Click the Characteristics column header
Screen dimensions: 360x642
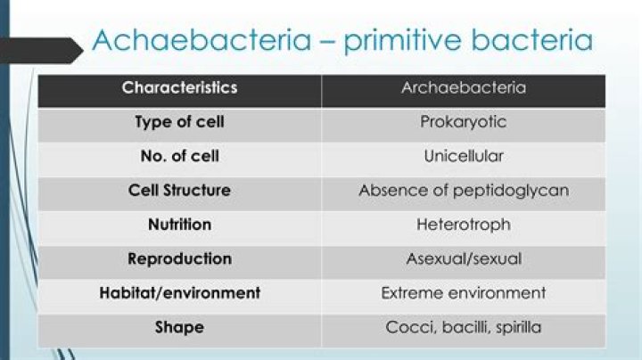click(179, 88)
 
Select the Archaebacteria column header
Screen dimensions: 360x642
click(463, 88)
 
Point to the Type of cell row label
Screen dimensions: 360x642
click(179, 122)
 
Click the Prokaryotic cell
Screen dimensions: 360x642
click(463, 122)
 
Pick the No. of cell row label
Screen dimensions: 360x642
click(179, 156)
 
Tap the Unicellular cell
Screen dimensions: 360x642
click(463, 156)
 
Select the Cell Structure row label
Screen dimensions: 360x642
click(179, 190)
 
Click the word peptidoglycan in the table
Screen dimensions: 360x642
click(509, 190)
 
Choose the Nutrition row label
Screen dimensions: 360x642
click(179, 225)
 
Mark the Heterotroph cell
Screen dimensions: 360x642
click(463, 225)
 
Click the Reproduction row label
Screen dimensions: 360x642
click(179, 259)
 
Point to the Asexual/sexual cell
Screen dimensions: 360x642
click(463, 259)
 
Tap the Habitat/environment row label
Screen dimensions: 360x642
click(179, 293)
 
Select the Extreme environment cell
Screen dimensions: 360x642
click(463, 293)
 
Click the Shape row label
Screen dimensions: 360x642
click(179, 327)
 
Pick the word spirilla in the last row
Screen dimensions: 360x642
click(514, 327)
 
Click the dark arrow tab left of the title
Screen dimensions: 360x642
click(40, 50)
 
